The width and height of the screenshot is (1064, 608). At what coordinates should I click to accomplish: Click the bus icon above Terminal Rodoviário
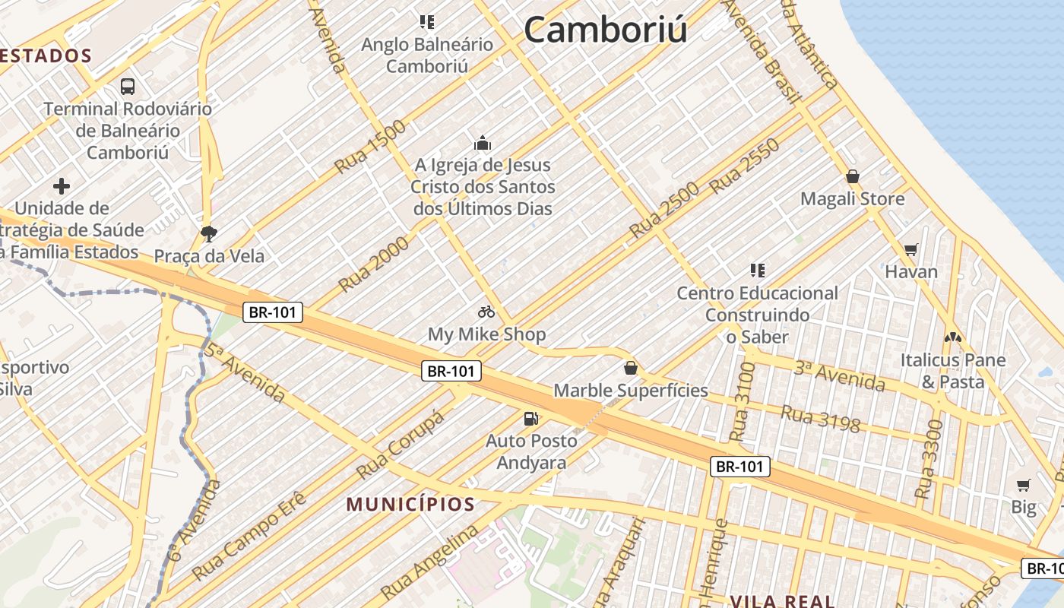pyautogui.click(x=128, y=87)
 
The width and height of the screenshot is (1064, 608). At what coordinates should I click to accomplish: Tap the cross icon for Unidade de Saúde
pyautogui.click(x=62, y=186)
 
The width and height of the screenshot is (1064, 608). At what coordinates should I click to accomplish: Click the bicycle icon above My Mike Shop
pyautogui.click(x=486, y=312)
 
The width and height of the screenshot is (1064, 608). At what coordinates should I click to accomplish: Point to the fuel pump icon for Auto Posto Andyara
pyautogui.click(x=531, y=419)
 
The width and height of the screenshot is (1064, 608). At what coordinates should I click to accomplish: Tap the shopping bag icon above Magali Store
pyautogui.click(x=853, y=177)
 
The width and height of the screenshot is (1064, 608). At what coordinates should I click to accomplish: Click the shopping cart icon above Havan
pyautogui.click(x=911, y=250)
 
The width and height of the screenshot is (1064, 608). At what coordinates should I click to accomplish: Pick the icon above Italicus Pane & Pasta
pyautogui.click(x=952, y=337)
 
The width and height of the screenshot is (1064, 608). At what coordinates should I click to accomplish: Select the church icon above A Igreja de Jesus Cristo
pyautogui.click(x=483, y=143)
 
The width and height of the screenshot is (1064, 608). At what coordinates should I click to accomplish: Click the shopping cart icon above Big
pyautogui.click(x=1024, y=485)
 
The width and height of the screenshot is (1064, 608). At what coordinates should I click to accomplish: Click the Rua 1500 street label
pyautogui.click(x=370, y=146)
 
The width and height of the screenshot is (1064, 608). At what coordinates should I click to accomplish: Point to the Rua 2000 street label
pyautogui.click(x=374, y=264)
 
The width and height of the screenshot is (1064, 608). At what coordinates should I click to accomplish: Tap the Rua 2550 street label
pyautogui.click(x=745, y=165)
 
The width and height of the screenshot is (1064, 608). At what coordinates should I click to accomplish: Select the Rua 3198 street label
pyautogui.click(x=820, y=419)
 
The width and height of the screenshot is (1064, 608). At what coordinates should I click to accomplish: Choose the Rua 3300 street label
pyautogui.click(x=929, y=459)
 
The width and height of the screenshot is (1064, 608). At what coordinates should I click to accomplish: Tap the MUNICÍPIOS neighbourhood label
pyautogui.click(x=410, y=504)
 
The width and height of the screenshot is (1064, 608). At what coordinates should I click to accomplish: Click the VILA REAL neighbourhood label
pyautogui.click(x=783, y=601)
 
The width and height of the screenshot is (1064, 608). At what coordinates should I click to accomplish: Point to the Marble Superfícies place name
pyautogui.click(x=630, y=391)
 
